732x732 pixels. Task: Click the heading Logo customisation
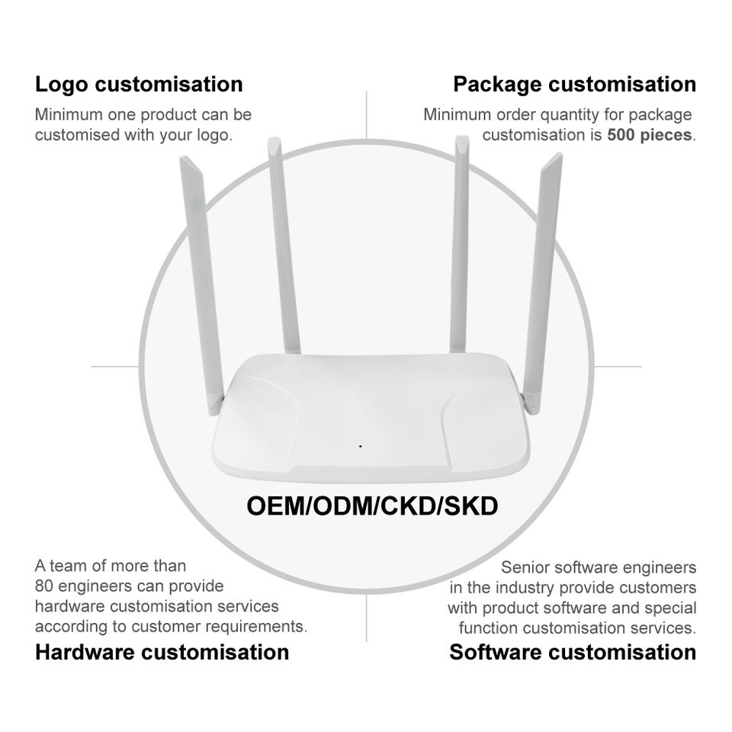[x=139, y=84]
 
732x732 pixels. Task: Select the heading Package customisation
[x=574, y=84]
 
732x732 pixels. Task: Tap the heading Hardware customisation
[x=162, y=652]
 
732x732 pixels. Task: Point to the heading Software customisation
[x=573, y=652]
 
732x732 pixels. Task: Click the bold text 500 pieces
[x=650, y=136]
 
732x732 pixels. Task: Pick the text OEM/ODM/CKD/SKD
[x=372, y=506]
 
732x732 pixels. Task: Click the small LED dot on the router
[x=360, y=445]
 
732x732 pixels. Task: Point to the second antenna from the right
[x=459, y=244]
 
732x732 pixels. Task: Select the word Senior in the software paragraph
[x=525, y=568]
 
